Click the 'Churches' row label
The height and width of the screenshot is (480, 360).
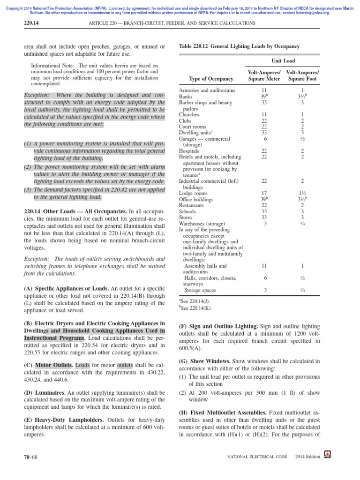point(189,114)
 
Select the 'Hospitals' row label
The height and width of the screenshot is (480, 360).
point(189,151)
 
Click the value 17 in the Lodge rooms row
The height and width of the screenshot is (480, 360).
point(264,193)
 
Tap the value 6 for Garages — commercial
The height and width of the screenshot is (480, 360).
point(265,139)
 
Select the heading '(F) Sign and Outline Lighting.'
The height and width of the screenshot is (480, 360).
point(218,325)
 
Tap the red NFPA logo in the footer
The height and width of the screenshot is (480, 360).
point(327,455)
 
